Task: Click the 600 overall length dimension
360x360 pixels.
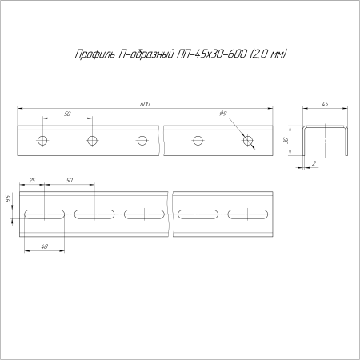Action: coord(145,104)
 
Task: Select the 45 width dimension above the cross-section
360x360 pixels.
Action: coord(326,104)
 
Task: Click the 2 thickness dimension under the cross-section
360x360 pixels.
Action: coord(315,163)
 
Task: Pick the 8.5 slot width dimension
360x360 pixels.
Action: coord(7,198)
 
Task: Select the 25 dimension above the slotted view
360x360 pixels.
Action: coord(31,181)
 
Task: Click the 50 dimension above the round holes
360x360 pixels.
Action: coord(67,115)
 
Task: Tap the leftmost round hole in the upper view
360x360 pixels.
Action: coord(42,141)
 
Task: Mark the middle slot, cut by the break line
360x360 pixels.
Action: coord(145,214)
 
